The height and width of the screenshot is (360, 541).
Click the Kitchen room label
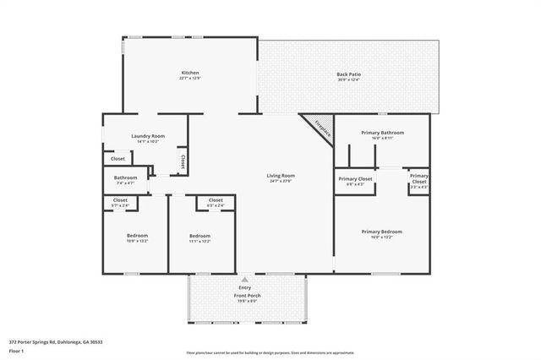click(190, 74)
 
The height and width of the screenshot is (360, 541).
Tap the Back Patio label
click(348, 74)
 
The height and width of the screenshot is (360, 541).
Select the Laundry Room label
click(147, 136)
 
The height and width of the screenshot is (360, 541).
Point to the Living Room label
click(279, 175)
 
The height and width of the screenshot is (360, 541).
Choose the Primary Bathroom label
click(382, 133)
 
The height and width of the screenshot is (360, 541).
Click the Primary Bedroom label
click(381, 231)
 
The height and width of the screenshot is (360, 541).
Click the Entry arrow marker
click(244, 278)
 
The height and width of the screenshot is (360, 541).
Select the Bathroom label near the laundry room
click(126, 177)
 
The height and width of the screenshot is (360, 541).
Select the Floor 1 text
click(16, 349)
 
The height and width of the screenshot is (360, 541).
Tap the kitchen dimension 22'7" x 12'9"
click(190, 79)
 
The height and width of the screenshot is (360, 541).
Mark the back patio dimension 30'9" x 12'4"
click(348, 80)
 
